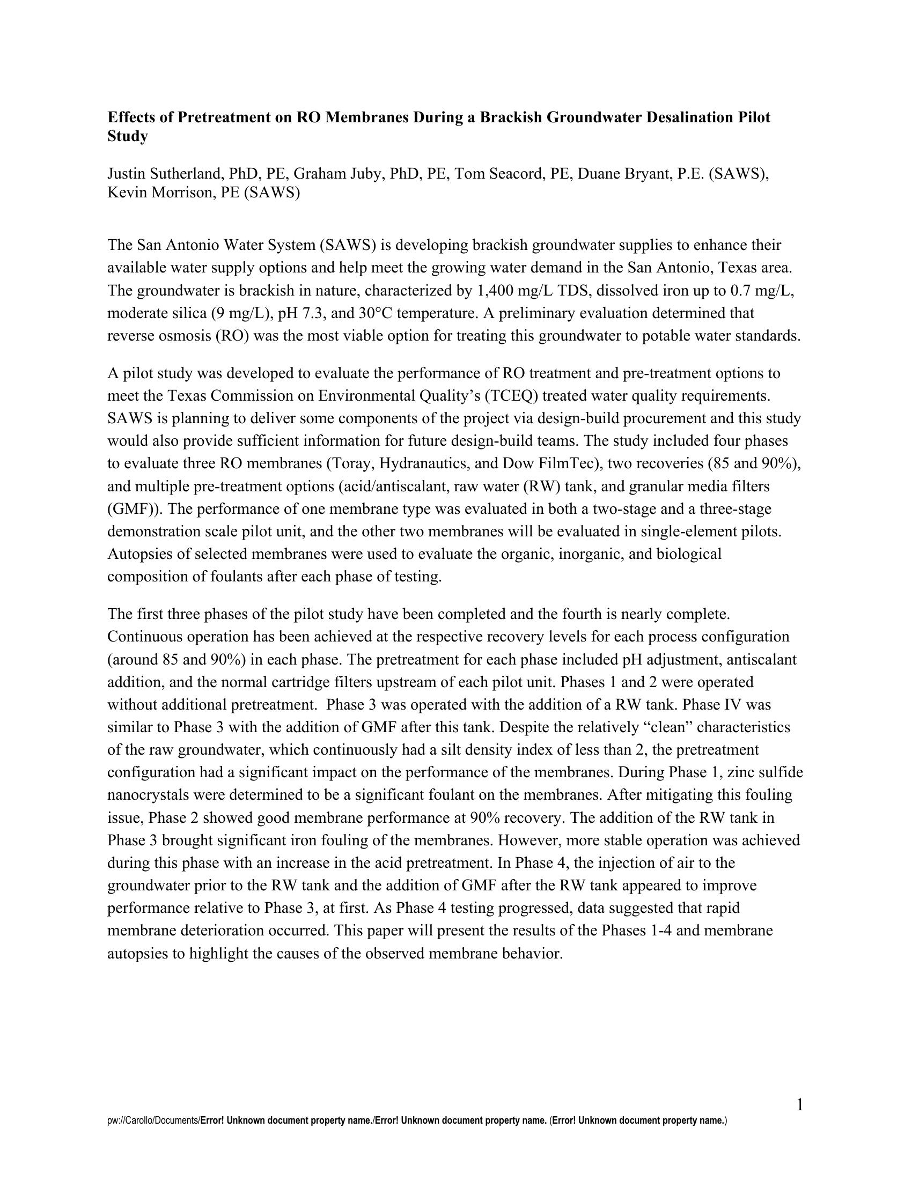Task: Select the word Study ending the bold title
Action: coord(128,137)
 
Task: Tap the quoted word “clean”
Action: coord(666,728)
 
